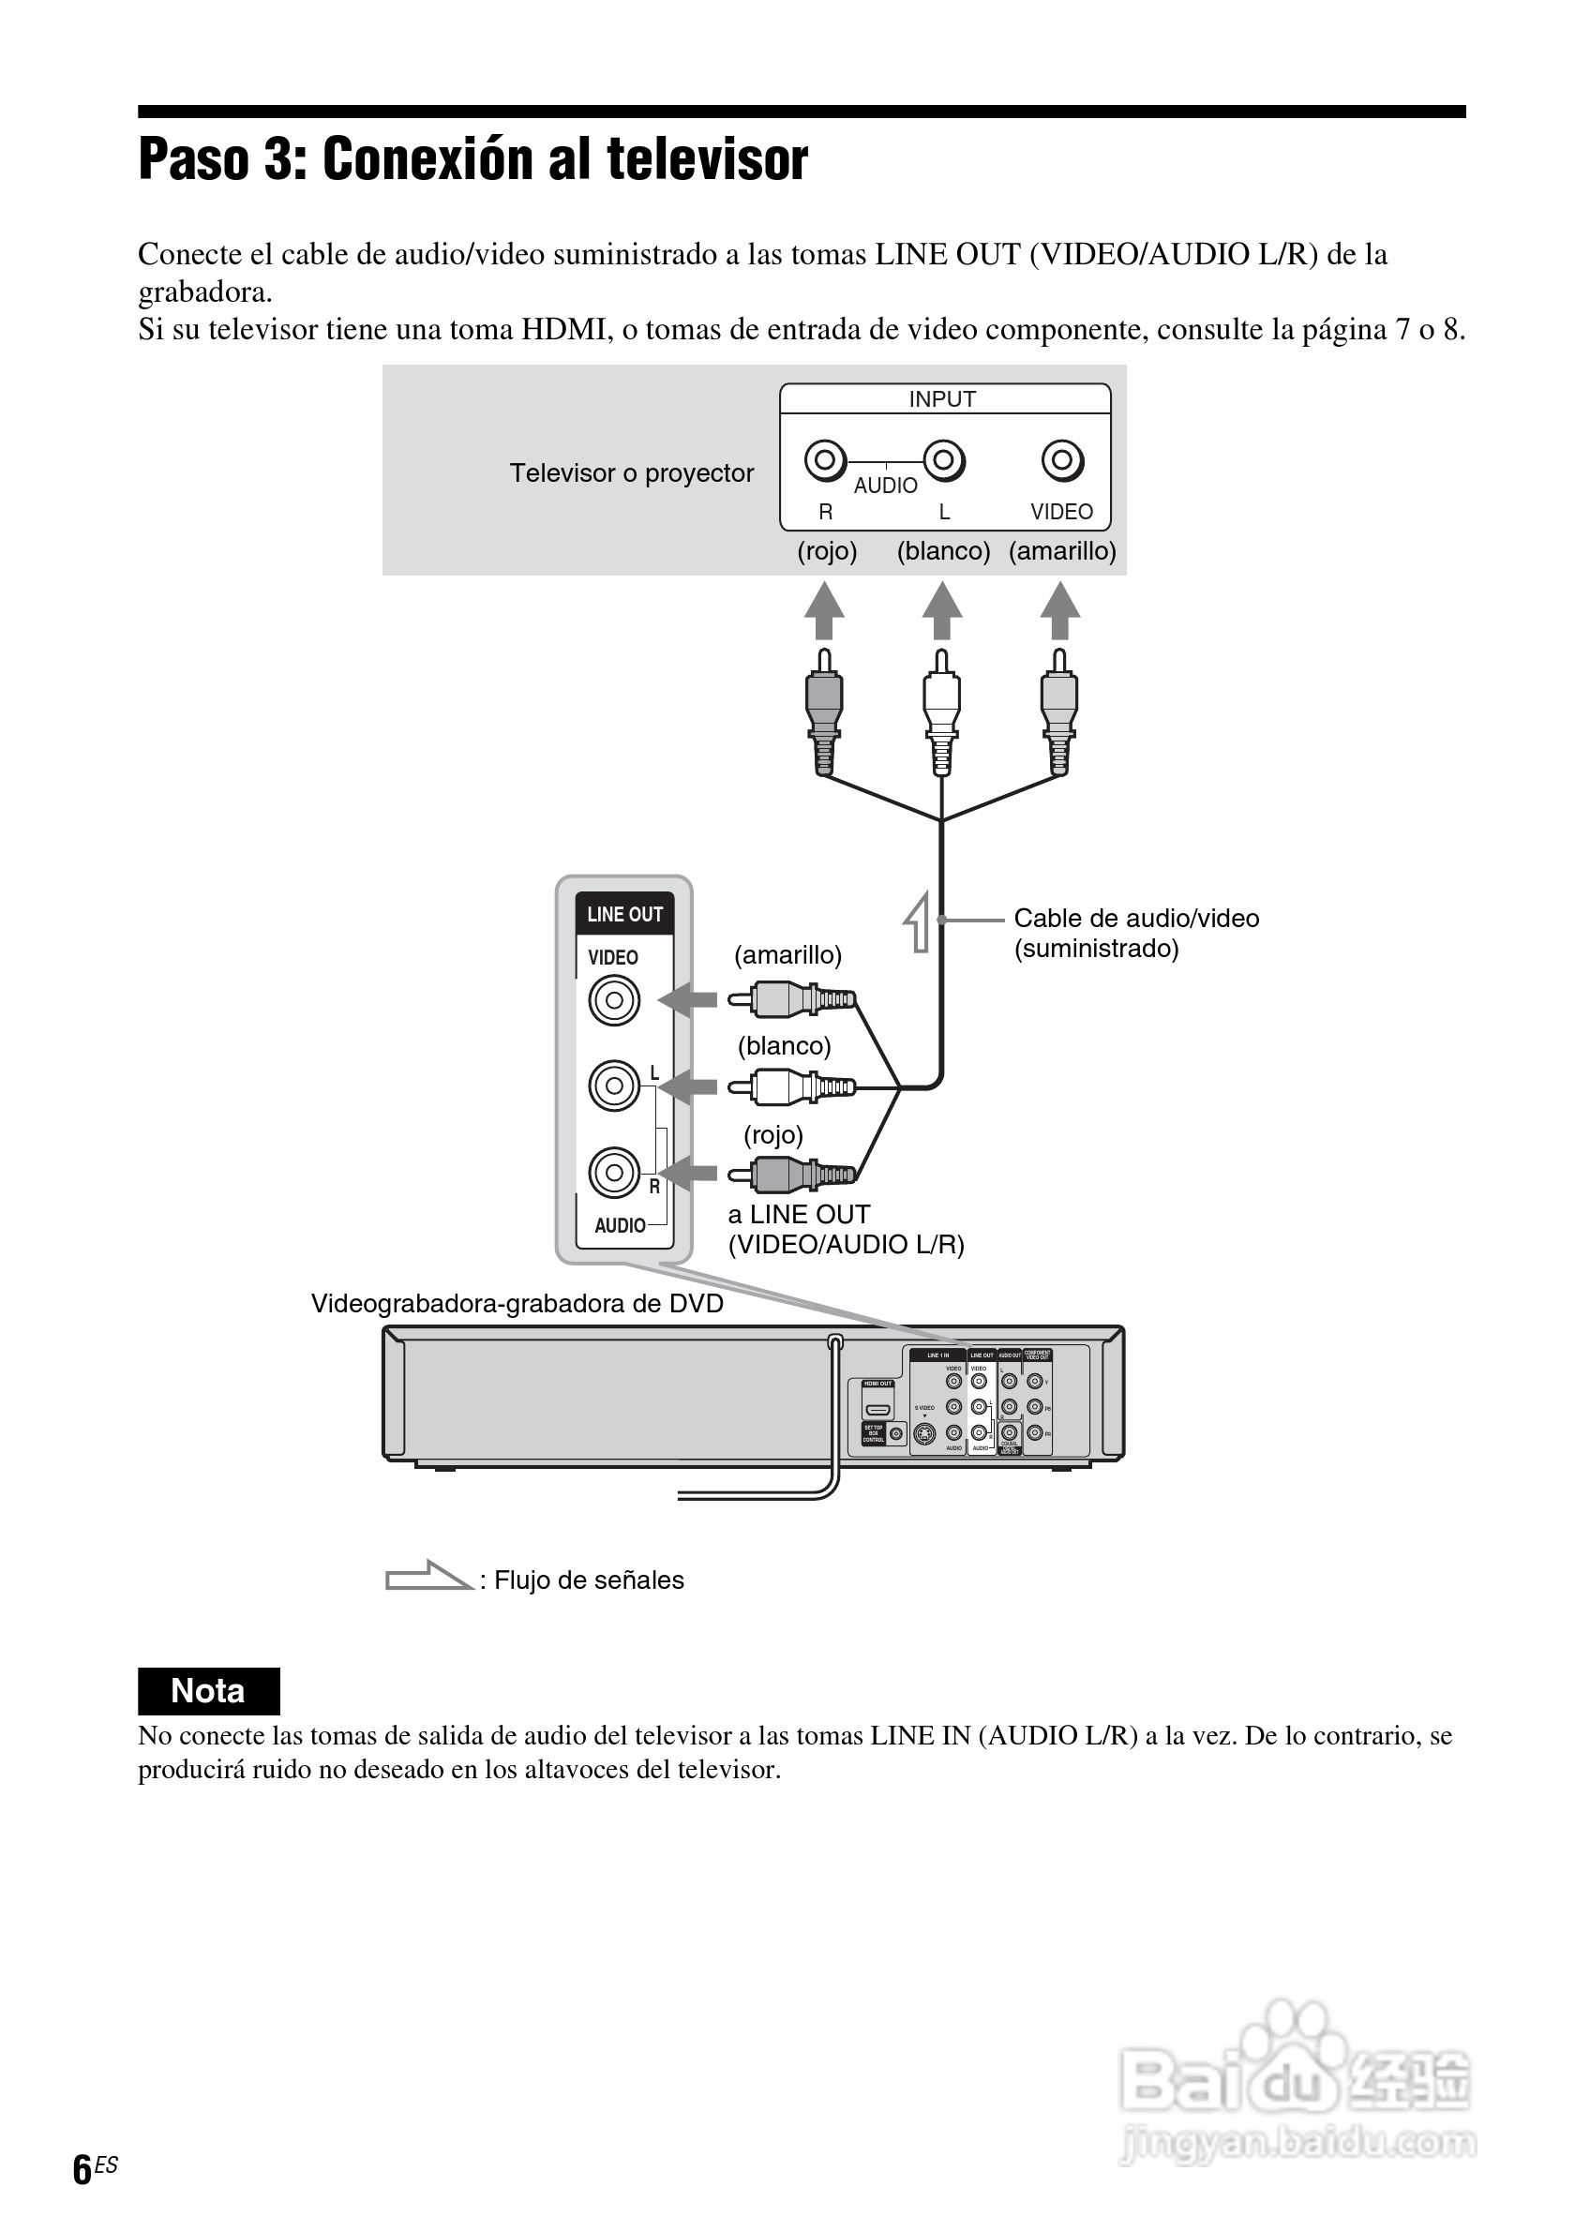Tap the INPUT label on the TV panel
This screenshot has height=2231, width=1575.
941,399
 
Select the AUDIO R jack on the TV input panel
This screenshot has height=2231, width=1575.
825,459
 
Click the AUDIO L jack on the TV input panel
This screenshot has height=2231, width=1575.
943,459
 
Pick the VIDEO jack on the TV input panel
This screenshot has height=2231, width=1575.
1062,459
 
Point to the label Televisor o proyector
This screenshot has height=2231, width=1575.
632,473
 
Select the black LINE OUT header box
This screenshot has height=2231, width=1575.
623,914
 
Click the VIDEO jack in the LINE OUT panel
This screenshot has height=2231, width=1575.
614,1000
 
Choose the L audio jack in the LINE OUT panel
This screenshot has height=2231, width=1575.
614,1086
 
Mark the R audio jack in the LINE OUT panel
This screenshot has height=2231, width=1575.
614,1173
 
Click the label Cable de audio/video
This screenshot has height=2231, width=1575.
1136,919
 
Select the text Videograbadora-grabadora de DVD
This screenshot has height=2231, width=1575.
517,1304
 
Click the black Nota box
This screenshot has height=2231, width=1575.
209,1691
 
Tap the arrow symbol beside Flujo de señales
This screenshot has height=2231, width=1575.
427,1576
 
